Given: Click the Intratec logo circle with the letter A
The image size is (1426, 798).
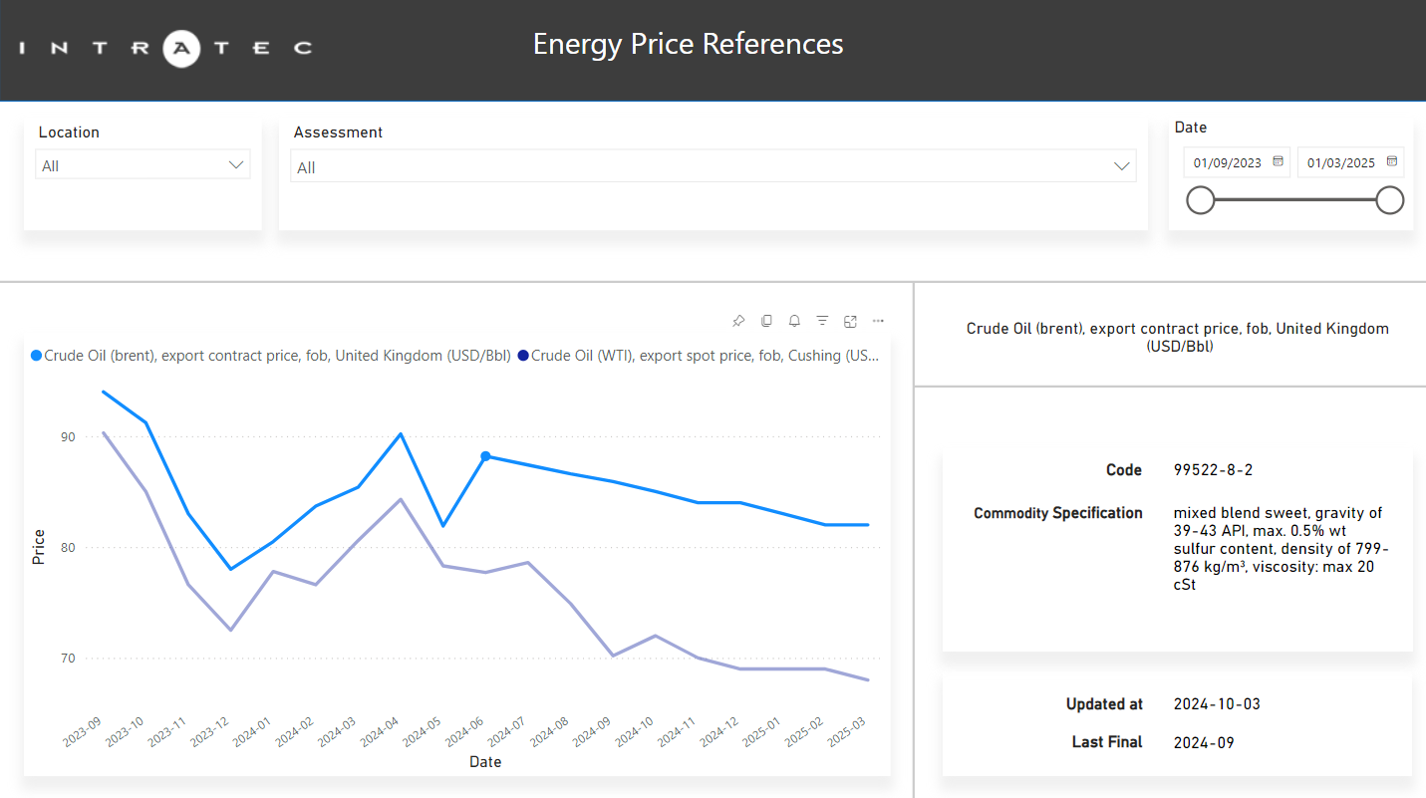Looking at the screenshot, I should pos(181,47).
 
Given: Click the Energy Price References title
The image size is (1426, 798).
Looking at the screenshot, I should pos(688,44).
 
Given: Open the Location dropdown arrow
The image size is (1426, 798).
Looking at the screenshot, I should pos(236,165).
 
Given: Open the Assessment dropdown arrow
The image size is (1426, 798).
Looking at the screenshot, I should pos(1122,166).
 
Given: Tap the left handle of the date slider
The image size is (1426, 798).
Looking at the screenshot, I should pos(1201,200).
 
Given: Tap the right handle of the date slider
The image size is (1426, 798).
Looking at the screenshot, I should pos(1389,200).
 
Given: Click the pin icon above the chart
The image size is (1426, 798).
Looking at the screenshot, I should pos(738,321).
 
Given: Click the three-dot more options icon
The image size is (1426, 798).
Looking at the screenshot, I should pos(878,321).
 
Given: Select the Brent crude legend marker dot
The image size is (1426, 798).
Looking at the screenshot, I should pos(37,356).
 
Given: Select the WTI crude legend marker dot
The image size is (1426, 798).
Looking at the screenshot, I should pos(523,356).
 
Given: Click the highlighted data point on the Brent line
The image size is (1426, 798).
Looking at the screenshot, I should pos(485,456).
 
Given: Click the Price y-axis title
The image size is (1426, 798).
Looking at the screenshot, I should pos(39,547).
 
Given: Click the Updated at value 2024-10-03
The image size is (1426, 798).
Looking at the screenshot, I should pos(1217,704).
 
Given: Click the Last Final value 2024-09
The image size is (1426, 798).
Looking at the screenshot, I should pos(1204,742).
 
